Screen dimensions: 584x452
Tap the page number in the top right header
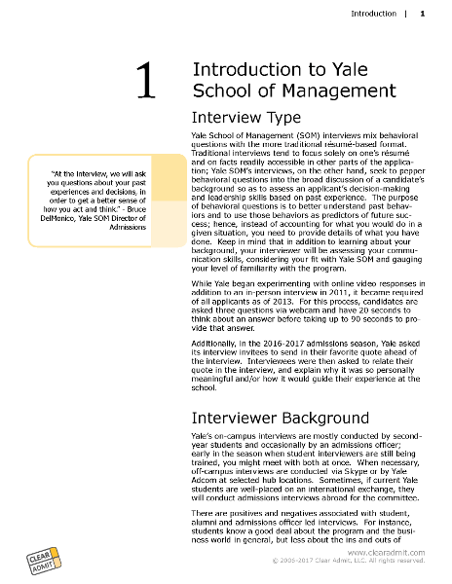422,14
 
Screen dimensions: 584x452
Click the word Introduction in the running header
373,14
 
